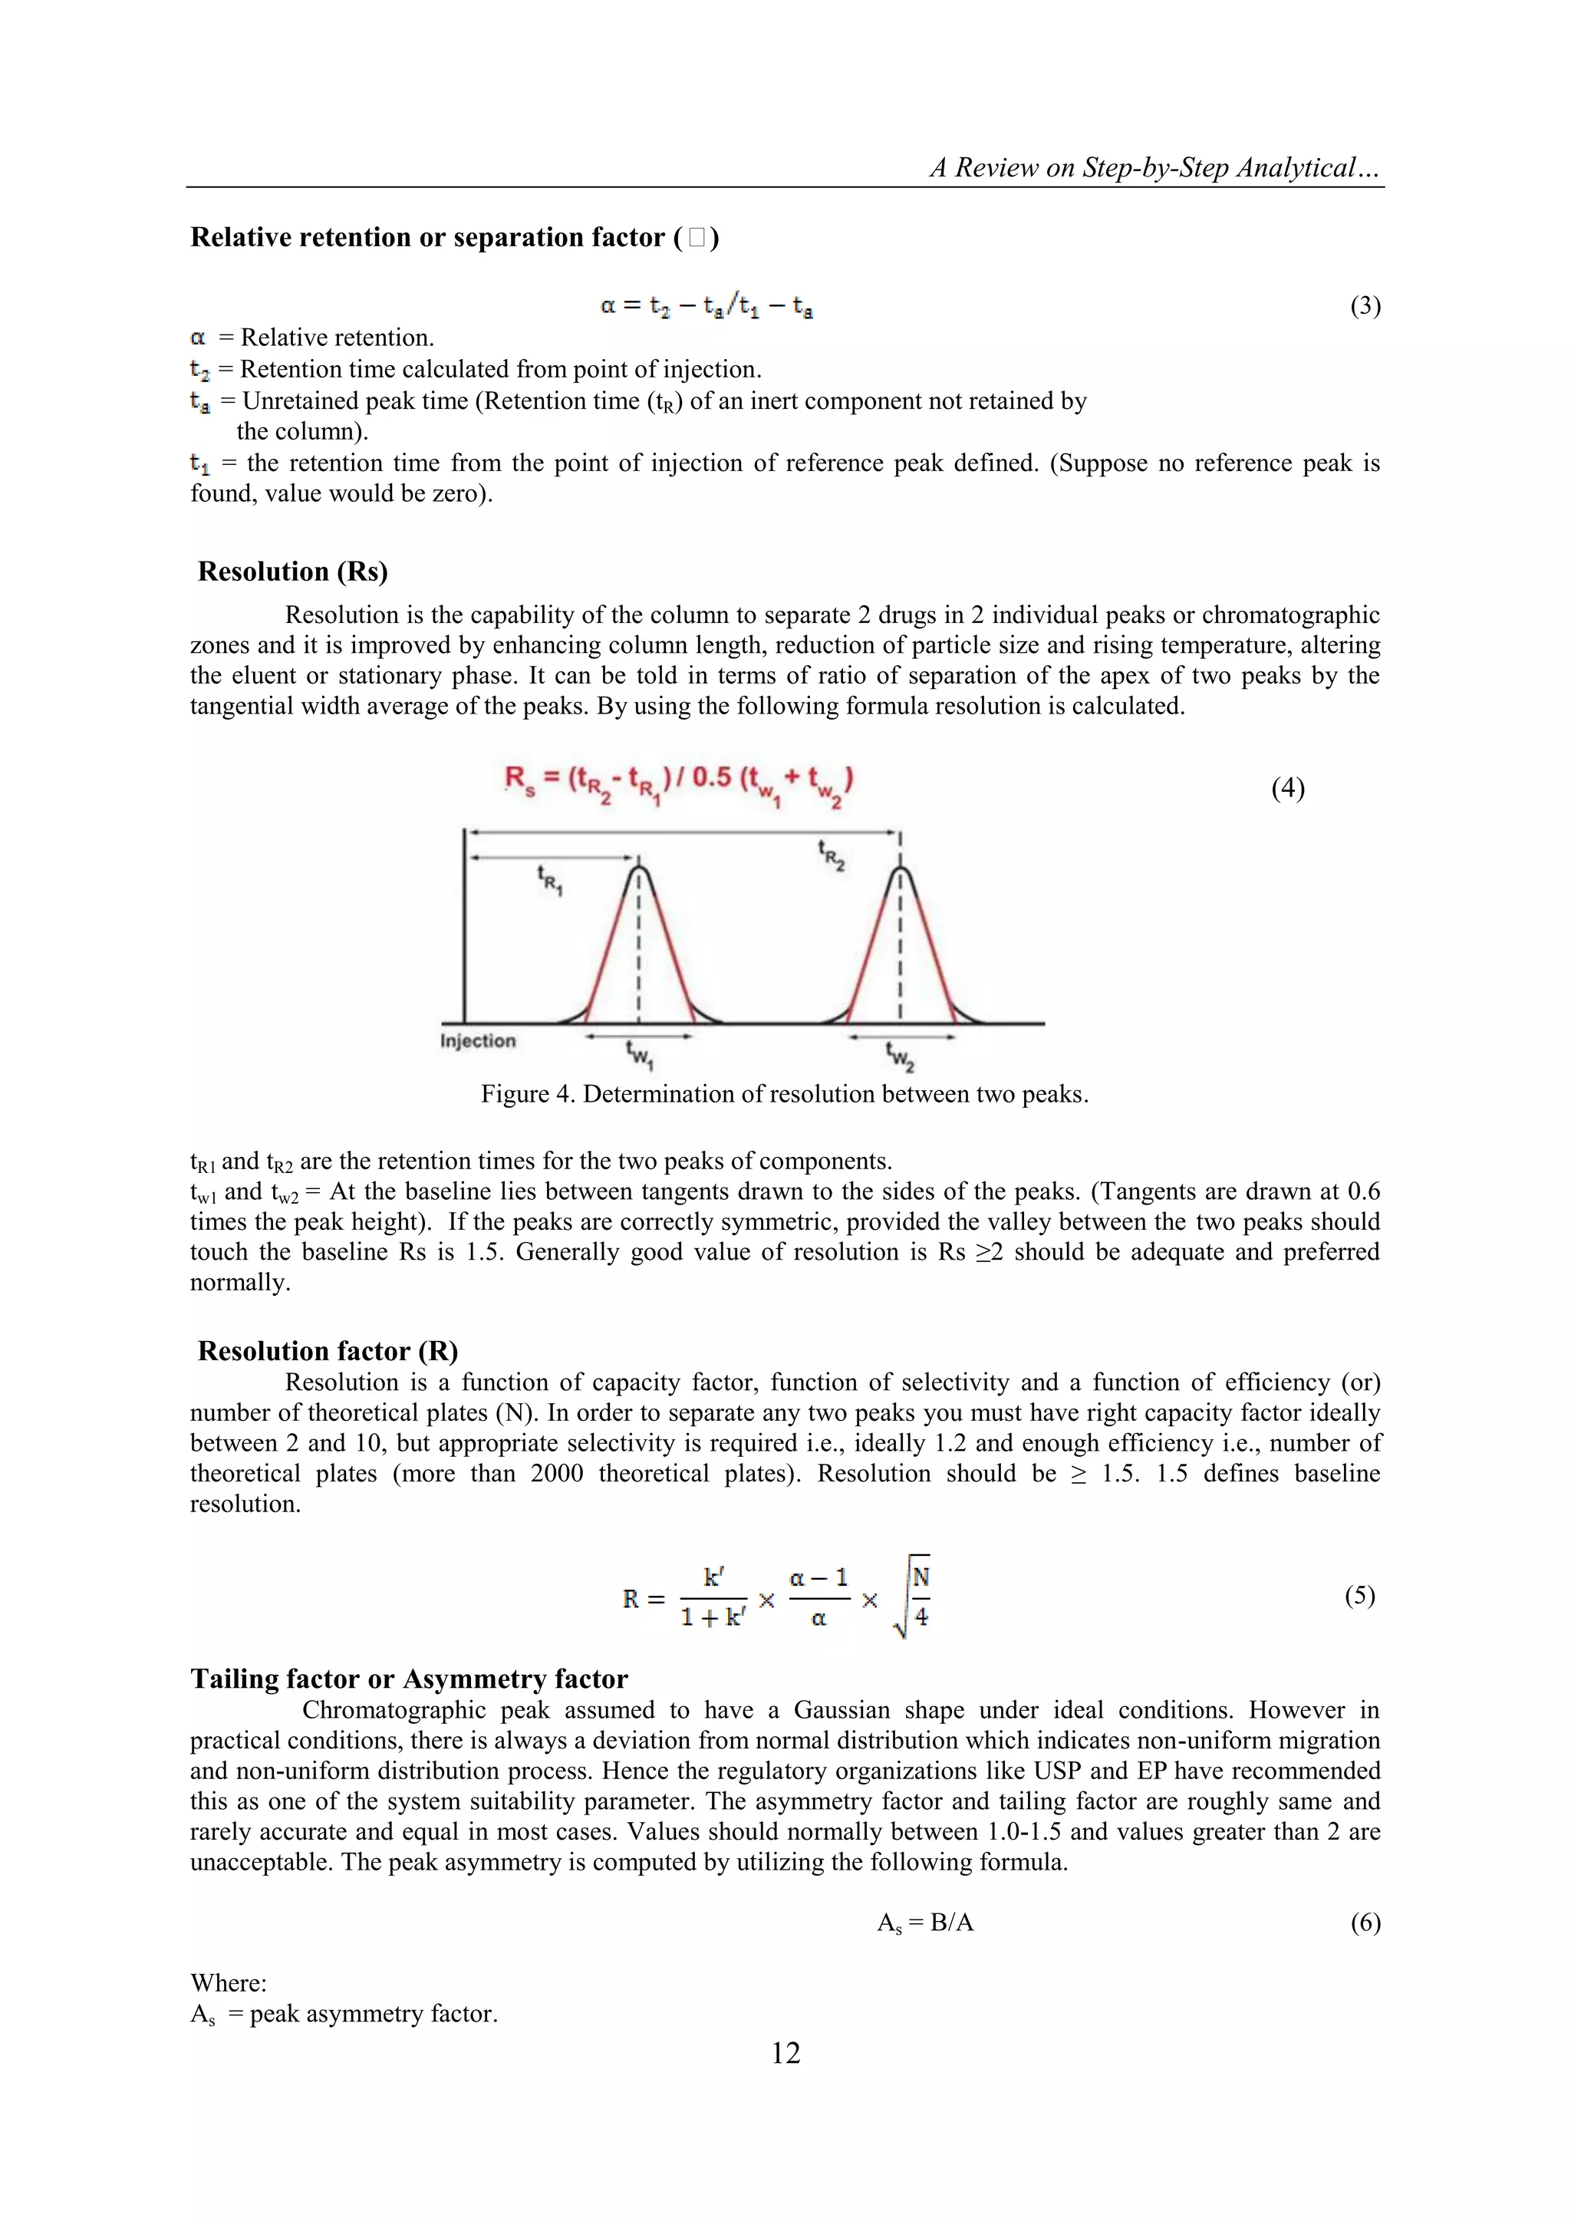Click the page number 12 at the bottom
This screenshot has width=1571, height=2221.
coord(785,2053)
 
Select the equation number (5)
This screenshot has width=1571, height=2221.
coord(1359,1595)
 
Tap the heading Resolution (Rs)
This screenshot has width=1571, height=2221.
coord(292,572)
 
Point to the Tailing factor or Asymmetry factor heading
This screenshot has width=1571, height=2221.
coord(409,1679)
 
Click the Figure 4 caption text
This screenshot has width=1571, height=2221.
coord(785,1094)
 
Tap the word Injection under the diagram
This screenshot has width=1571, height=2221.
coord(478,1041)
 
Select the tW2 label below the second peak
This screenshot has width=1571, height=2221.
coord(901,1056)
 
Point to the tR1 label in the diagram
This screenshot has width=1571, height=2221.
coord(549,881)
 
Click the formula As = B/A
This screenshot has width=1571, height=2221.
coord(925,1923)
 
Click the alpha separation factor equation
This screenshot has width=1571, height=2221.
coord(706,307)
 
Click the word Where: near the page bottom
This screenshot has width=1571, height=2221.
coord(229,1983)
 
